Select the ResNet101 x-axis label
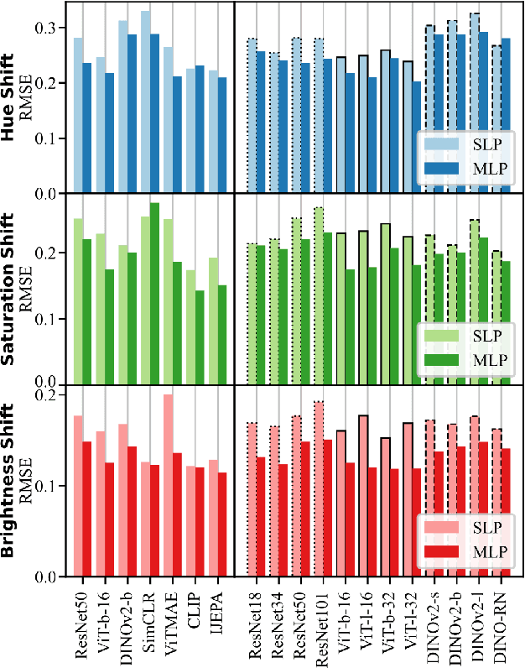320,624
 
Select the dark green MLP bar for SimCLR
154,294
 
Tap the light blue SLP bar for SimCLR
146,102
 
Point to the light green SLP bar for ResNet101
319,295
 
